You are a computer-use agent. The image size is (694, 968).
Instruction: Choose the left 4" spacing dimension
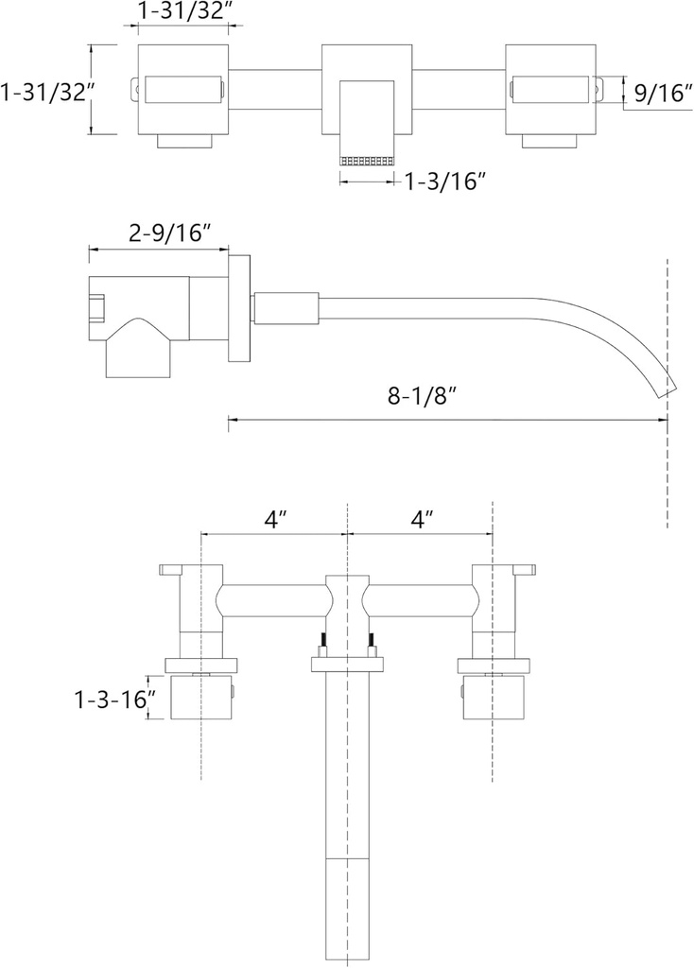(274, 519)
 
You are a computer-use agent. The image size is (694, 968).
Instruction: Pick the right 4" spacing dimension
(422, 519)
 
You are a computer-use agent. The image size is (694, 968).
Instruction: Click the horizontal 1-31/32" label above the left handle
(185, 12)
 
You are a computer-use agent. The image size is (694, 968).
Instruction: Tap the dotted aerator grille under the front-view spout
(366, 162)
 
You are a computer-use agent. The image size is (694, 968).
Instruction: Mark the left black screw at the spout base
(324, 644)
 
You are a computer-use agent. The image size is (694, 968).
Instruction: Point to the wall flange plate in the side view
(240, 309)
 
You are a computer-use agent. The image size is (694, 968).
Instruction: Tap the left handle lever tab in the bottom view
(174, 569)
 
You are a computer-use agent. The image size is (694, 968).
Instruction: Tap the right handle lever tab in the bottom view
(523, 569)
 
